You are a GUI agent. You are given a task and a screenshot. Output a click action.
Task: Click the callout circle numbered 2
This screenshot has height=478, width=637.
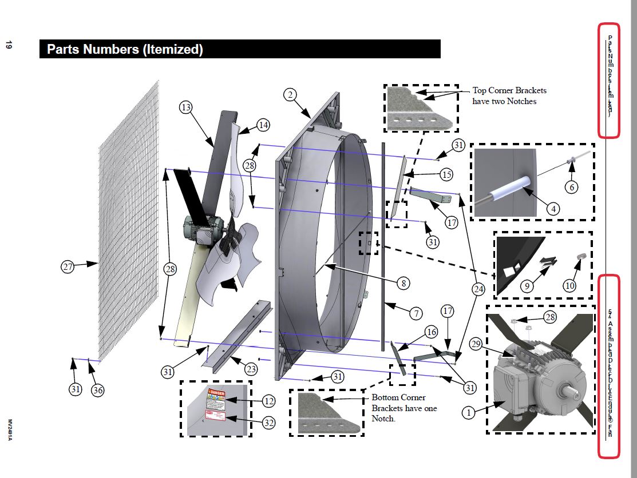pos(291,95)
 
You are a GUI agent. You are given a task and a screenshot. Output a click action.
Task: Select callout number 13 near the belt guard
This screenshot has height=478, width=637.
pos(185,107)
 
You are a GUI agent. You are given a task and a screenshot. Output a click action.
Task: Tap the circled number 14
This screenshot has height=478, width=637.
pos(263,125)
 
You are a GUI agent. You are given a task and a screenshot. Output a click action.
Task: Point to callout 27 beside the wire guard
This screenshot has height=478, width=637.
pos(69,266)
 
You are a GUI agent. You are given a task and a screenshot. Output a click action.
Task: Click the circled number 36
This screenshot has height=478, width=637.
pos(98,390)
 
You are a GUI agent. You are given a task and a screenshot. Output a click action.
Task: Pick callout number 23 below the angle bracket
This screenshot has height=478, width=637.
pos(251,369)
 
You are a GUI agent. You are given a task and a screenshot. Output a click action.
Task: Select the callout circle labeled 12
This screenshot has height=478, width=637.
pos(268,401)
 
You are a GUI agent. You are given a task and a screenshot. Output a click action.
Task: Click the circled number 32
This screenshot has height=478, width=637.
pos(268,423)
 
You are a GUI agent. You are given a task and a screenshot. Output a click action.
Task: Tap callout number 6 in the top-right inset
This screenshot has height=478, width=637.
pos(569,187)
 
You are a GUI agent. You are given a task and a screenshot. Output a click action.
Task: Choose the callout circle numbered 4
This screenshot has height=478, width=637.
pos(552,209)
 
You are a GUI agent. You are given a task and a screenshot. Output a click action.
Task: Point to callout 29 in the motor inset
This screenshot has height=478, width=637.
pos(476,344)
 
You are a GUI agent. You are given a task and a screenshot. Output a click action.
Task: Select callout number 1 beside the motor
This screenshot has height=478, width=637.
pos(469,412)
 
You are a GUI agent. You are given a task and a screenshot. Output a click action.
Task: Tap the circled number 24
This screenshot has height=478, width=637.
pos(479,290)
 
